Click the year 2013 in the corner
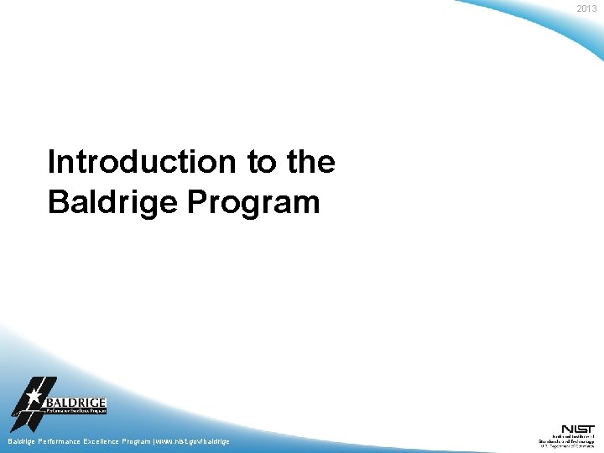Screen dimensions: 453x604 [586, 8]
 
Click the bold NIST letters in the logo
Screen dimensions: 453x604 [579, 429]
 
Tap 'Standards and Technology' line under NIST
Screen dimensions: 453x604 [566, 440]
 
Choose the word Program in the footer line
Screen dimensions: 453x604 [136, 441]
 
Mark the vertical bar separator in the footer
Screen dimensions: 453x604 [154, 441]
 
